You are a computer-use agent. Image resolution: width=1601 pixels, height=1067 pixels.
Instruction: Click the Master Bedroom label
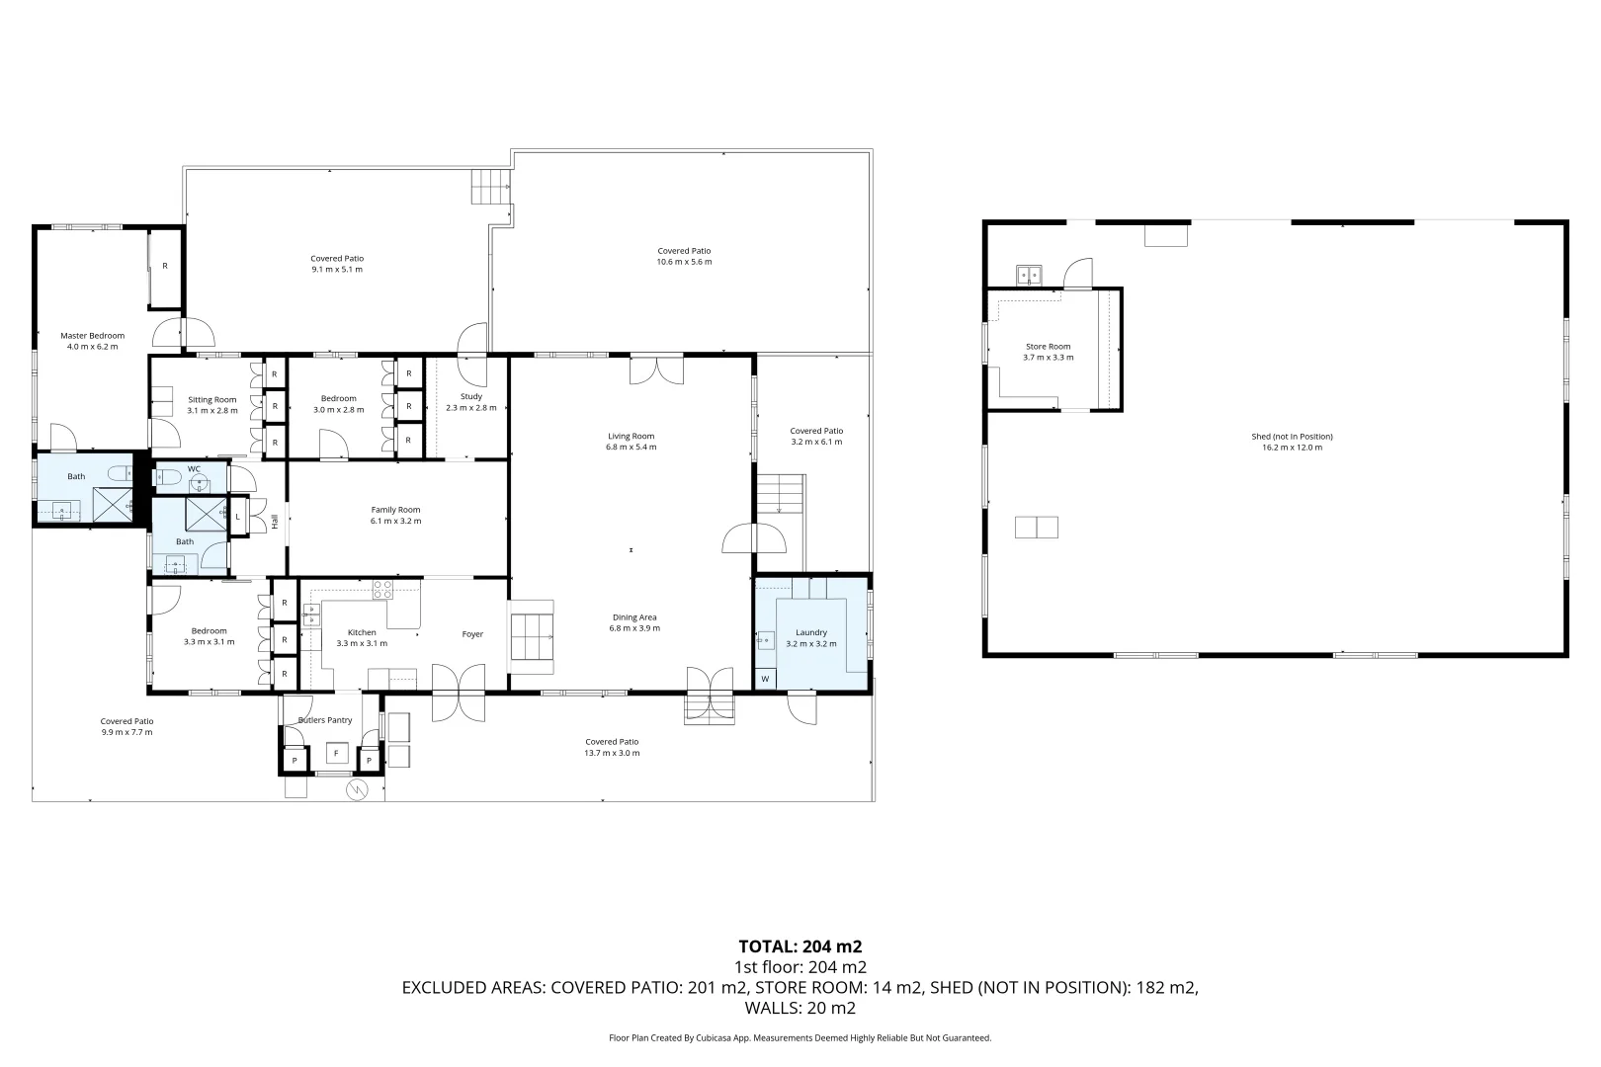[x=92, y=335]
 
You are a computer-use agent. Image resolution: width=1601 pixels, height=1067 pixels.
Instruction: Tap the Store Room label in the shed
[x=1048, y=347]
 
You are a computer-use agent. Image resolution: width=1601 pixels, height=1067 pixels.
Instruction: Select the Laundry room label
[x=810, y=632]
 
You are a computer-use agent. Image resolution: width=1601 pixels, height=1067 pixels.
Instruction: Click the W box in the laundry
[x=765, y=679]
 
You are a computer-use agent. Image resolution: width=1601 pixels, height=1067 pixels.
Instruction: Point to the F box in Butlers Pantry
[x=336, y=754]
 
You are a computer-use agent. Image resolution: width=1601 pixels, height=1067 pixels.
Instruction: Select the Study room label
[x=470, y=396]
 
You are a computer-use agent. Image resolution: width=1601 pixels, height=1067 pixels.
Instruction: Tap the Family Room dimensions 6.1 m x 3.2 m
[x=395, y=521]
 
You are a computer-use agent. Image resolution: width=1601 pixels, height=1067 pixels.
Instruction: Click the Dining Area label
[x=633, y=617]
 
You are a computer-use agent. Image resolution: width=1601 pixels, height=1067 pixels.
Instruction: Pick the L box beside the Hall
[x=238, y=516]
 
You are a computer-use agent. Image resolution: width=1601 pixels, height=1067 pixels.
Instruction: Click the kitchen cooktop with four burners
[x=382, y=590]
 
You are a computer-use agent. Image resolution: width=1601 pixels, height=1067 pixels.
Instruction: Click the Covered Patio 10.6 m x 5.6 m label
[x=684, y=251]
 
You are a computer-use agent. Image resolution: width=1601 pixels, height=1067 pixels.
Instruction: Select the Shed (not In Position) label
[x=1292, y=436]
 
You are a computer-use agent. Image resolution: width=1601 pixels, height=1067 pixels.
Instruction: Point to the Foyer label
[x=472, y=633]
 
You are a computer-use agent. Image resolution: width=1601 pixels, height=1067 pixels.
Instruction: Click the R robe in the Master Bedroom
[x=165, y=266]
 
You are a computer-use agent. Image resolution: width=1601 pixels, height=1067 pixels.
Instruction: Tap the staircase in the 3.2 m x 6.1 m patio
[x=781, y=493]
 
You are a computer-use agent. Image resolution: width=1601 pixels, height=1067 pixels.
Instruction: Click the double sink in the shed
[x=1030, y=274]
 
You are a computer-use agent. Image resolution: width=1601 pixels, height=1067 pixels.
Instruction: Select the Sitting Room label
[x=211, y=399]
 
